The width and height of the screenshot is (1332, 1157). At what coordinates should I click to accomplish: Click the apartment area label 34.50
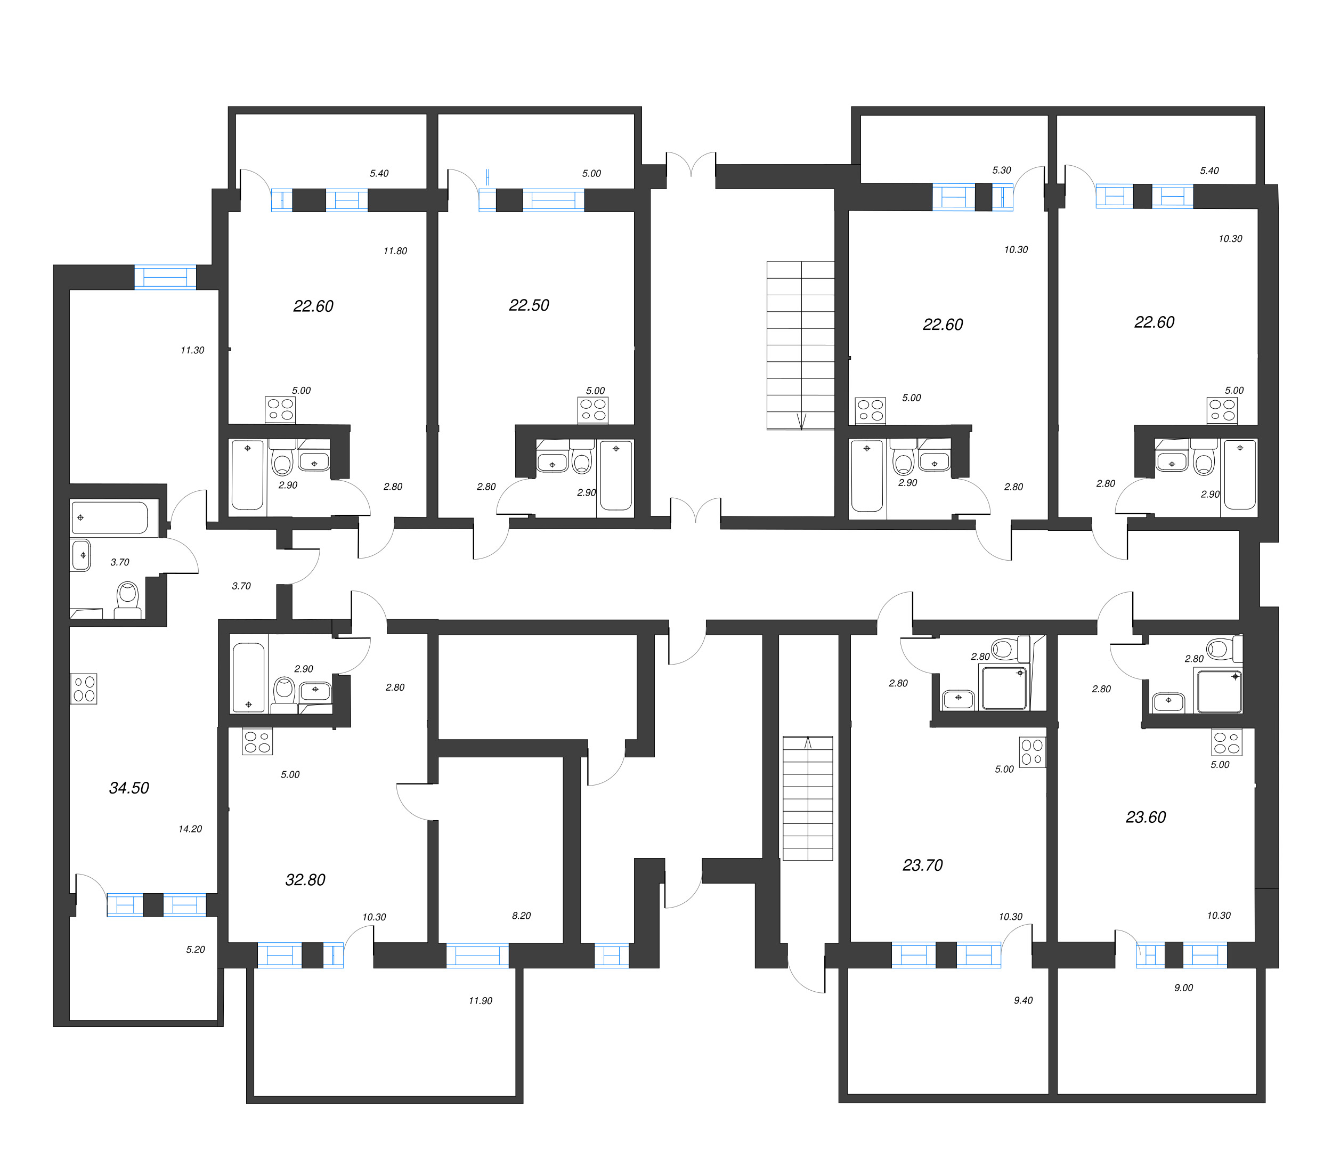(x=129, y=788)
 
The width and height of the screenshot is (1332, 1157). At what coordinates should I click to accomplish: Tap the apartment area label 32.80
(x=305, y=879)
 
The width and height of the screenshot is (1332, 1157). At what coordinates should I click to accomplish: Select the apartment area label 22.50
(x=529, y=305)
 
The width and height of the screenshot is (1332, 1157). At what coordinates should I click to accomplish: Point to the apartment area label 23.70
(x=922, y=865)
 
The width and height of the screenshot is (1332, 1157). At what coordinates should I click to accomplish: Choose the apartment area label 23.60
(x=1146, y=818)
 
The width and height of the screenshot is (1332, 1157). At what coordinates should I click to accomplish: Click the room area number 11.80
(x=395, y=251)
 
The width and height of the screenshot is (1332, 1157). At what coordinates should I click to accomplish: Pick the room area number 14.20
(x=190, y=829)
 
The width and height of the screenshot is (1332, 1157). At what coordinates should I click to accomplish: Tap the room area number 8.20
(x=521, y=916)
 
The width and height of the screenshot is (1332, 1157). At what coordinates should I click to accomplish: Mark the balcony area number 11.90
(x=480, y=1001)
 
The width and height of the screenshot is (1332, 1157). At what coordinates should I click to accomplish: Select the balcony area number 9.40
(x=1023, y=1000)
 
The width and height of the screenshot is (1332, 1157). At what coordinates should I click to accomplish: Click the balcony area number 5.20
(x=196, y=949)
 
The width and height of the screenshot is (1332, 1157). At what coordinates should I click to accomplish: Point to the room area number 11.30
(x=192, y=351)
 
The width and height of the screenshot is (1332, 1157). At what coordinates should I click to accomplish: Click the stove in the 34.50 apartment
(x=84, y=689)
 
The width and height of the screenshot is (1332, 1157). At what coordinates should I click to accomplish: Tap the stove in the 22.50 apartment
(x=593, y=410)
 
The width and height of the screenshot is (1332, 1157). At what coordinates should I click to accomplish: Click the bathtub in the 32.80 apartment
(x=248, y=677)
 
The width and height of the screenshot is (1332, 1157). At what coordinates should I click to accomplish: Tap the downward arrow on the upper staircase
(x=801, y=421)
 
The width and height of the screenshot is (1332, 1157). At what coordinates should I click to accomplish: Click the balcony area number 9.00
(x=1183, y=988)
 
